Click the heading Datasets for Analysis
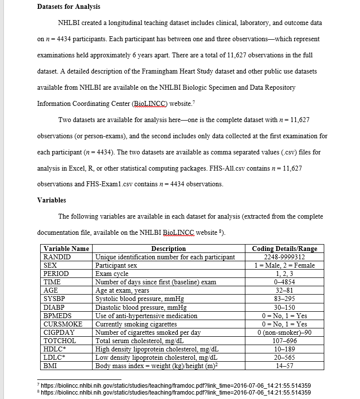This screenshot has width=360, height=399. coord(69,6)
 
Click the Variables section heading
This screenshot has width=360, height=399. coord(51,200)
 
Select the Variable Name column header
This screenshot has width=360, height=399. coord(66,249)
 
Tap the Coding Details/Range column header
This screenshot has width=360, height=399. coord(284,249)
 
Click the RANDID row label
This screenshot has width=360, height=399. coord(57,257)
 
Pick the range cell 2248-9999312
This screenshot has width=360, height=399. coord(284,257)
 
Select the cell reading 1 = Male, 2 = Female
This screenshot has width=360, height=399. coord(284,265)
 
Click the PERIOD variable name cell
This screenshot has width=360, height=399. coord(56,274)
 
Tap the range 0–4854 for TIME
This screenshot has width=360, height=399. coord(284,282)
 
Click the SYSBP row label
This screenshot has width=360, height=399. coord(55,299)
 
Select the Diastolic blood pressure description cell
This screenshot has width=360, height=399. coord(141,307)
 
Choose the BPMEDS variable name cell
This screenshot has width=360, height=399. coord(58,316)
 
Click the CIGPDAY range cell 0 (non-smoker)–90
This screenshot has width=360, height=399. coord(284,332)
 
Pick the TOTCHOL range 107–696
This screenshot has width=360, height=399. coord(284,341)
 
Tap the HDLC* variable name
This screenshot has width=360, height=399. coord(55,349)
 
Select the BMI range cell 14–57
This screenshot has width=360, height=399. coord(284,366)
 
